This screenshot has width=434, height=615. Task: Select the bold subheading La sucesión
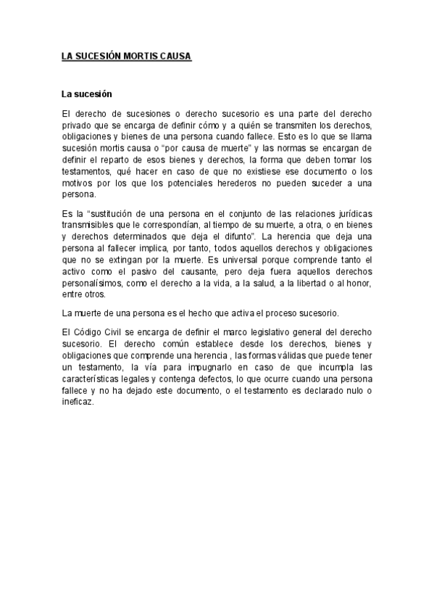pos(86,94)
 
